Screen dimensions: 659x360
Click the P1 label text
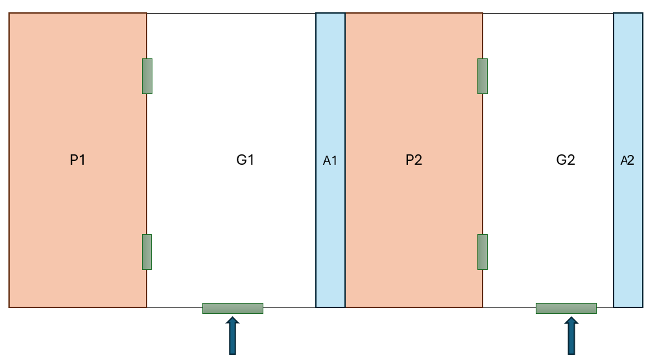(x=77, y=160)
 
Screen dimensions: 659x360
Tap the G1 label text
(x=245, y=160)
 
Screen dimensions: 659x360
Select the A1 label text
(x=330, y=160)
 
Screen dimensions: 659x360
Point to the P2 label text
(x=414, y=160)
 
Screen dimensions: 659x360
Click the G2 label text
(x=566, y=160)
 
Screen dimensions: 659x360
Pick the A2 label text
(x=627, y=160)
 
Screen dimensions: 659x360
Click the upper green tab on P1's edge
(x=147, y=76)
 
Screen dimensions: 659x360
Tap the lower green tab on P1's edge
(x=147, y=252)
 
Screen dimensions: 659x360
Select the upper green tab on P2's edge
(x=483, y=76)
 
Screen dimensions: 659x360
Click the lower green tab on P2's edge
(x=483, y=252)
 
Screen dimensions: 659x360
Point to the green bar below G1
(x=233, y=308)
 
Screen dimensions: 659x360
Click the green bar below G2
(x=566, y=308)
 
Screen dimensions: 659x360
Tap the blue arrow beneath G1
(x=232, y=335)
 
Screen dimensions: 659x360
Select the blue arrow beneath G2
(x=571, y=335)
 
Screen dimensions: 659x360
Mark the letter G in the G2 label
(x=561, y=160)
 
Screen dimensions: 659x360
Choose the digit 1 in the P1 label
(x=82, y=160)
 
